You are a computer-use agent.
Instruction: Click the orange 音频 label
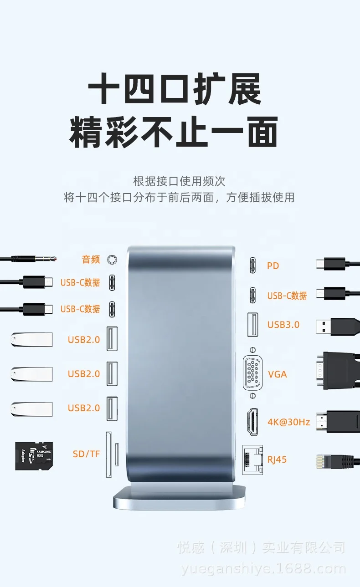pyautogui.click(x=91, y=260)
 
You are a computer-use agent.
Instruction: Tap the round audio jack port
pyautogui.click(x=112, y=260)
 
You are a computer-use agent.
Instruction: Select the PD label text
pyautogui.click(x=273, y=265)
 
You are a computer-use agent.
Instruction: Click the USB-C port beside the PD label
pyautogui.click(x=252, y=265)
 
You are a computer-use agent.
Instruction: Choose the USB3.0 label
pyautogui.click(x=283, y=325)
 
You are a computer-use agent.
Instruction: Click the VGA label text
pyautogui.click(x=278, y=374)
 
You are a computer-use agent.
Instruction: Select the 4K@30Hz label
pyautogui.click(x=288, y=422)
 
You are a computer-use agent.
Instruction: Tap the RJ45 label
pyautogui.click(x=277, y=459)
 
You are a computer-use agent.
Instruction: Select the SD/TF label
pyautogui.click(x=86, y=454)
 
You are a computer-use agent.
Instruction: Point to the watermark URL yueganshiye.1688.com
pyautogui.click(x=263, y=569)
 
